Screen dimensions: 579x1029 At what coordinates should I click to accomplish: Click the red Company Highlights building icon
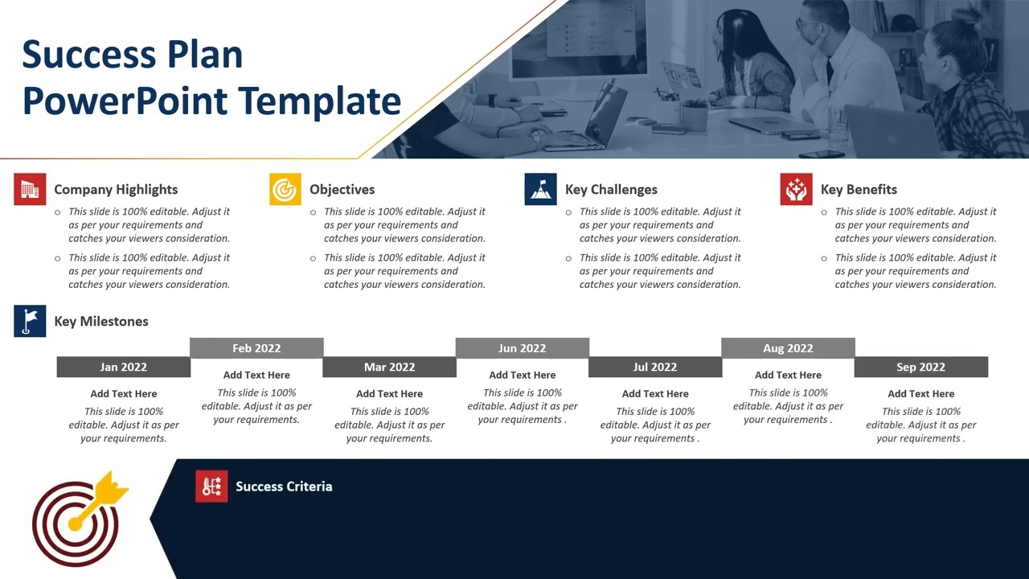(x=30, y=190)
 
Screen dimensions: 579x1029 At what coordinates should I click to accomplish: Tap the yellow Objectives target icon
(x=285, y=190)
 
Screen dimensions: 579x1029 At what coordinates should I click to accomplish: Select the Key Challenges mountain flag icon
(x=540, y=190)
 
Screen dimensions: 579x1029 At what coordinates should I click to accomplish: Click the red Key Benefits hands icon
(x=796, y=190)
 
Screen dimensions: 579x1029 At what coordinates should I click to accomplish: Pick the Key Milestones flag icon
(x=30, y=321)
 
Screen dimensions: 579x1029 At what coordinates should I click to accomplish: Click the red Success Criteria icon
(x=211, y=487)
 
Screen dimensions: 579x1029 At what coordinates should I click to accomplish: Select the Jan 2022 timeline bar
(x=123, y=367)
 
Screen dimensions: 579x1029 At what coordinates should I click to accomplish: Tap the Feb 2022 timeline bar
(x=256, y=348)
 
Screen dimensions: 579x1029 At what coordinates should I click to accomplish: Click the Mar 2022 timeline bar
(x=389, y=367)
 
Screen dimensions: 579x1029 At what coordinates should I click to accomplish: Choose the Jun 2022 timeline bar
(x=522, y=348)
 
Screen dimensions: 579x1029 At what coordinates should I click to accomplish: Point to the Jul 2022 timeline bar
(x=655, y=367)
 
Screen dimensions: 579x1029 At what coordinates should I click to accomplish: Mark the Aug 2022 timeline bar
(x=788, y=348)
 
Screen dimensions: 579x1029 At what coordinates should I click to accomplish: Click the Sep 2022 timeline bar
(x=920, y=367)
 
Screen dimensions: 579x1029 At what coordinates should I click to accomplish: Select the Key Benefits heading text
(x=859, y=190)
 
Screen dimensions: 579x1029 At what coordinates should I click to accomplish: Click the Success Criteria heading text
(x=284, y=487)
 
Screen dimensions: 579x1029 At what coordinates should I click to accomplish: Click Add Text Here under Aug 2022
(x=788, y=375)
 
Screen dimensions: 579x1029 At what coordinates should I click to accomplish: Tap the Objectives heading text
(x=342, y=190)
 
